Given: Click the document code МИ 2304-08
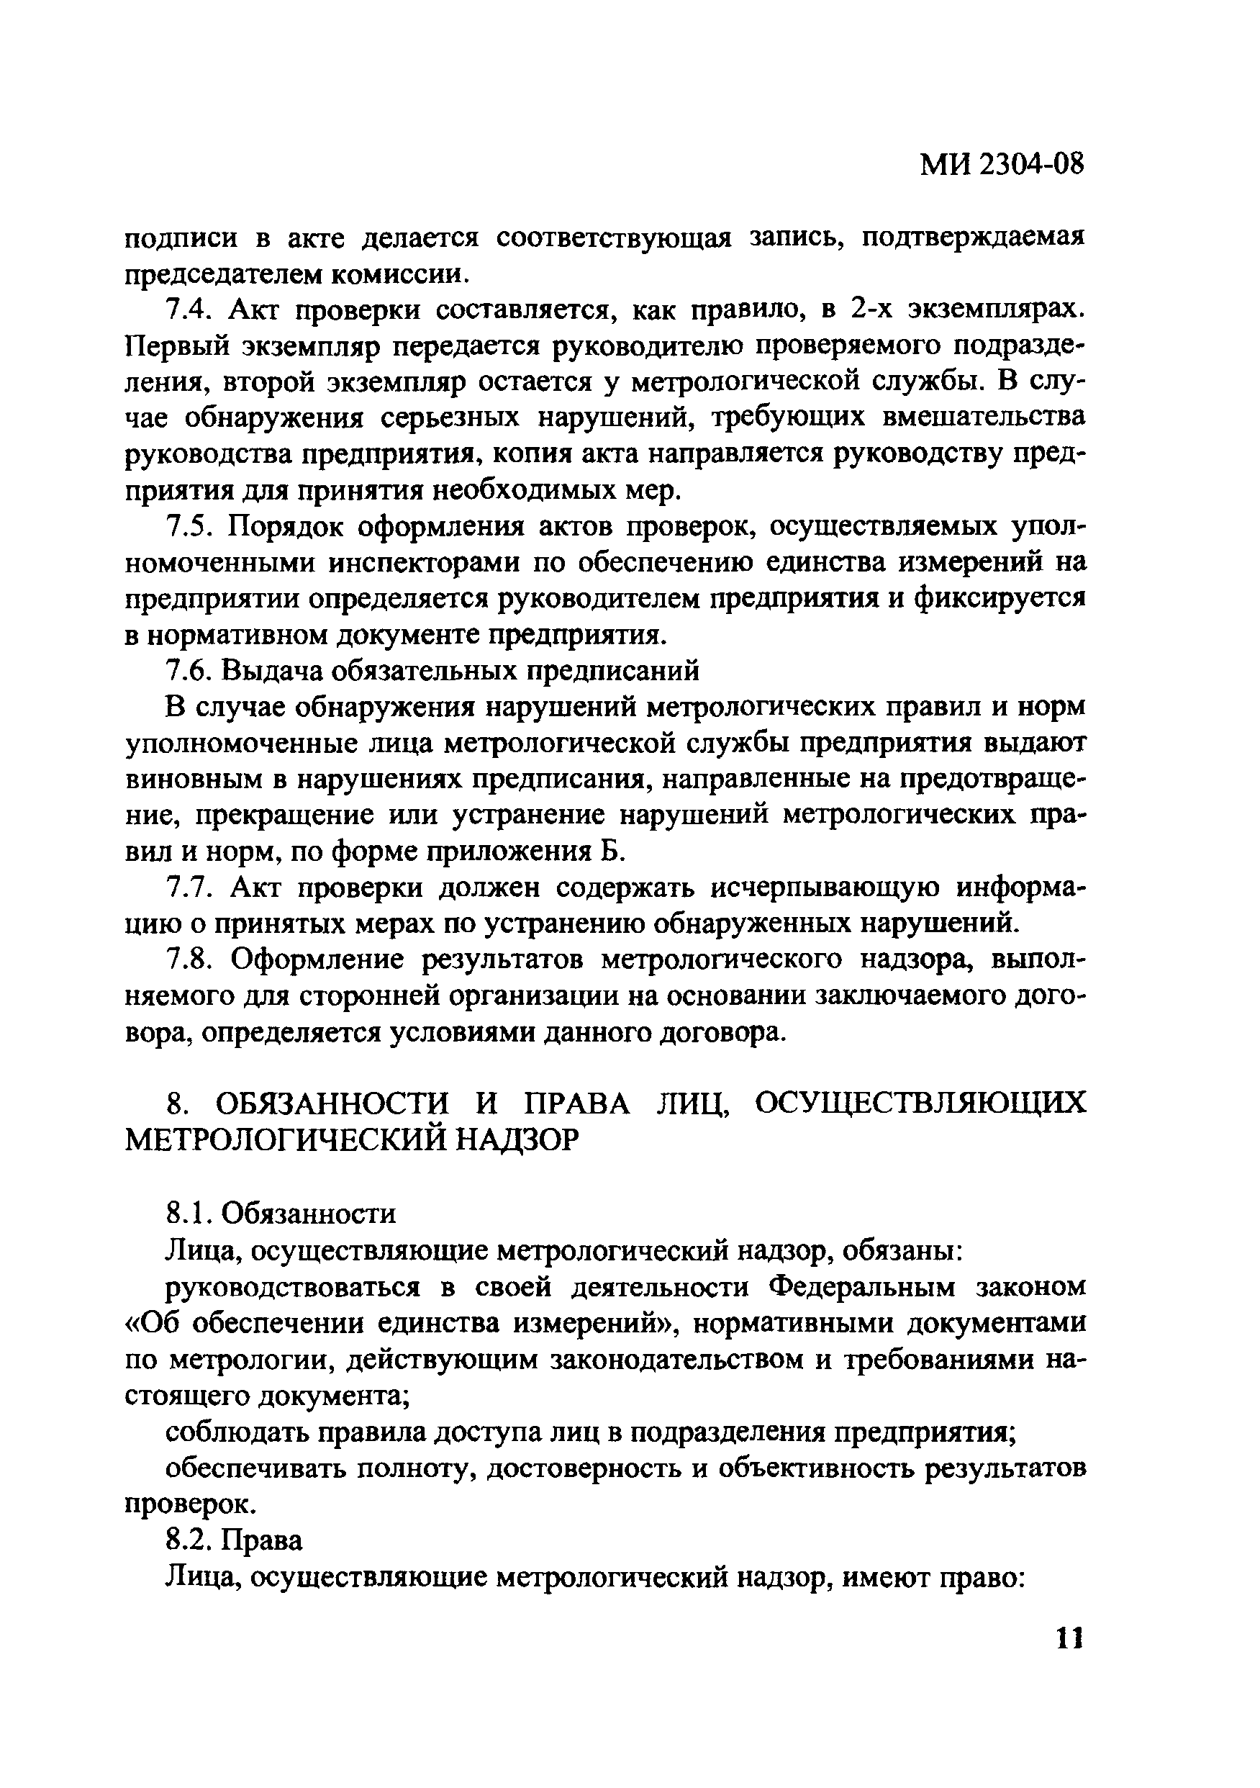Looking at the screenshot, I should tap(1002, 166).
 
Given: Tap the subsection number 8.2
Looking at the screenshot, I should tap(189, 1540).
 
